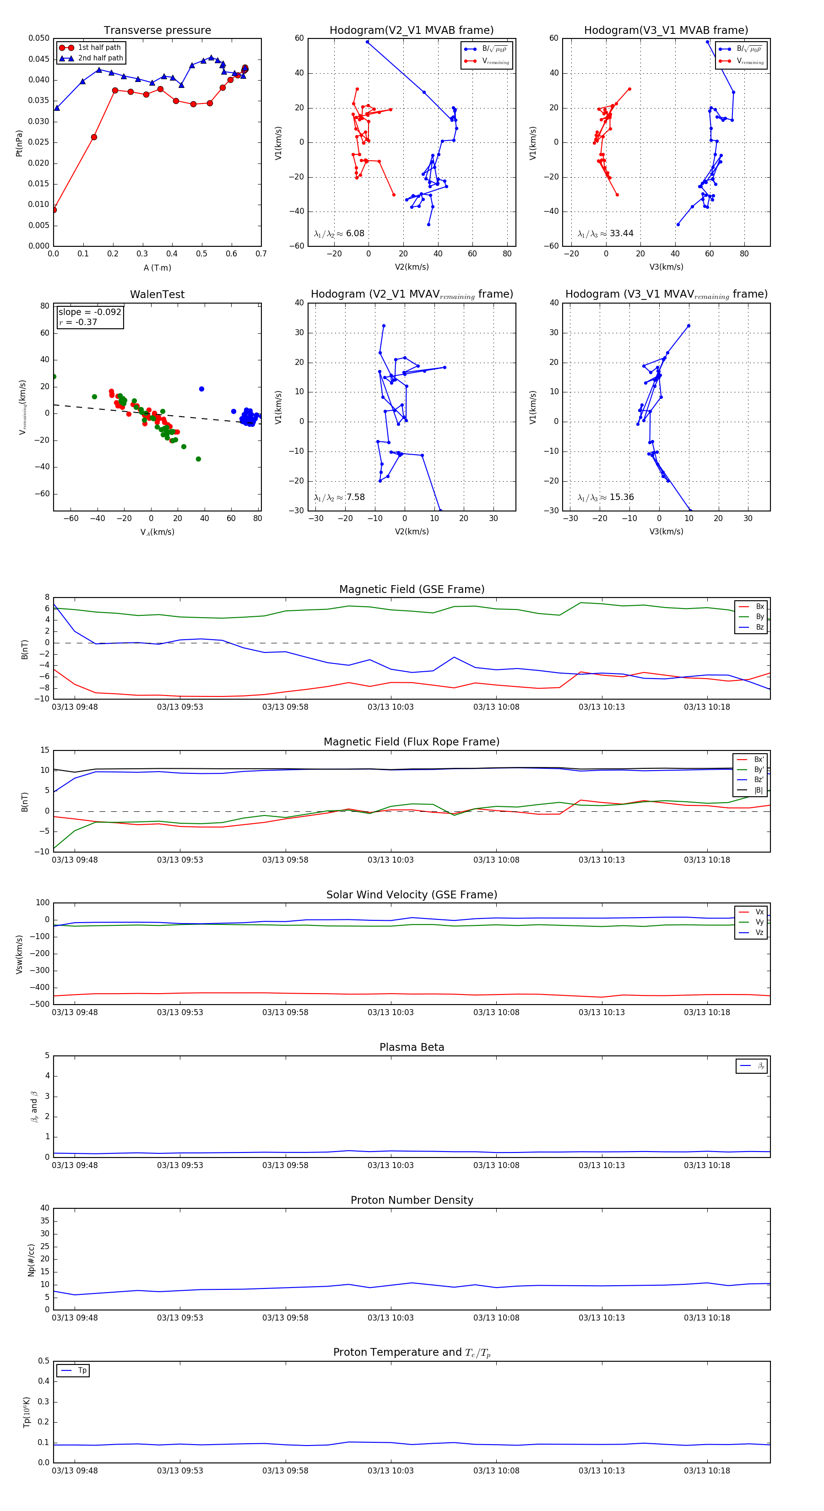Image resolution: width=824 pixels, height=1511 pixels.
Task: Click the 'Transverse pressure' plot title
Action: click(x=157, y=31)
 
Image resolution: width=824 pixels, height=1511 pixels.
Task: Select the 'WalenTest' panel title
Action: click(x=157, y=294)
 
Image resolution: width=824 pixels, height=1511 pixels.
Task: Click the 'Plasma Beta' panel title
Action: click(x=412, y=1048)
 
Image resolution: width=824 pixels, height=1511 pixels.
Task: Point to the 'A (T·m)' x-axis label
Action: click(x=157, y=268)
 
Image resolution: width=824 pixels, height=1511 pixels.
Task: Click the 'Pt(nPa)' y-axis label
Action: click(x=19, y=143)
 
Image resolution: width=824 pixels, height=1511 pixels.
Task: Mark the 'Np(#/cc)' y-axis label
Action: click(x=31, y=1260)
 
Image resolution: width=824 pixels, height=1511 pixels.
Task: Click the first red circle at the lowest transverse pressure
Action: click(x=54, y=209)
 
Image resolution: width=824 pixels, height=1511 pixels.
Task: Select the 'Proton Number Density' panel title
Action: click(x=412, y=1200)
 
